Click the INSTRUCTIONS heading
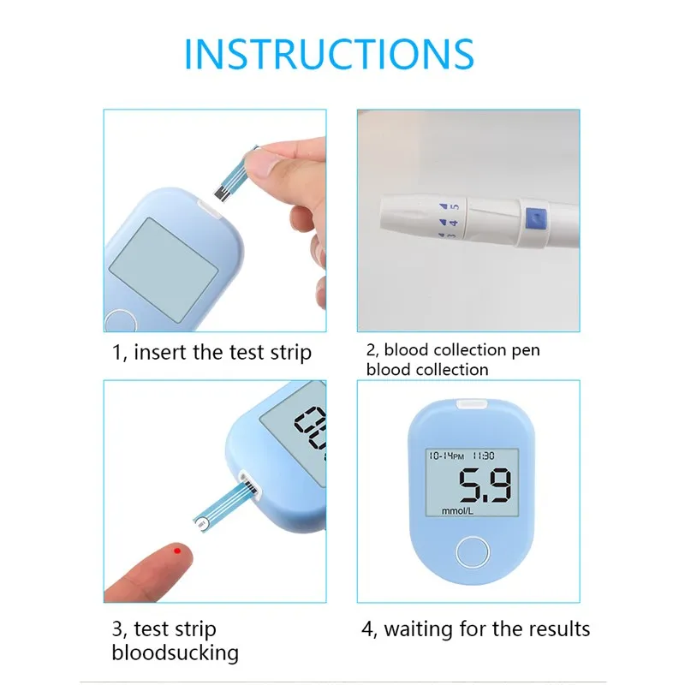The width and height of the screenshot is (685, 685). pos(329,54)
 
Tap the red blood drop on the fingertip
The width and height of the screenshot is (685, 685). pos(177,551)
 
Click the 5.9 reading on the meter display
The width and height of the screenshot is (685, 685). pos(485,485)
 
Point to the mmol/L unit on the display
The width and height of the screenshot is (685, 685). pos(457,510)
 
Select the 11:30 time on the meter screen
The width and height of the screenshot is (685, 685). pos(484,456)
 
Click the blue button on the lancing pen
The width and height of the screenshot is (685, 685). pos(536,218)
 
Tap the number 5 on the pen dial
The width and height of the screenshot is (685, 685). pos(455,206)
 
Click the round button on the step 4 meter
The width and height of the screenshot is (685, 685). pos(473,552)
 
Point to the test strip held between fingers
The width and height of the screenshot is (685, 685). pos(235,176)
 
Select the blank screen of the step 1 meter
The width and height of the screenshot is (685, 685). pos(164,270)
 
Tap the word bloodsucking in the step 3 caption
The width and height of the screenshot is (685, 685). pos(176,653)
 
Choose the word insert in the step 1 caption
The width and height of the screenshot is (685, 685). pos(160,352)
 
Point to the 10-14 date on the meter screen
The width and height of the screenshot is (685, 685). pos(440,456)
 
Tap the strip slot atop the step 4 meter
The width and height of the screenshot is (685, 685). pos(473,403)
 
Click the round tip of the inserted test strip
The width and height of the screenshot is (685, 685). pos(201,523)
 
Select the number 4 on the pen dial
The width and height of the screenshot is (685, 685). pos(454,223)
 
